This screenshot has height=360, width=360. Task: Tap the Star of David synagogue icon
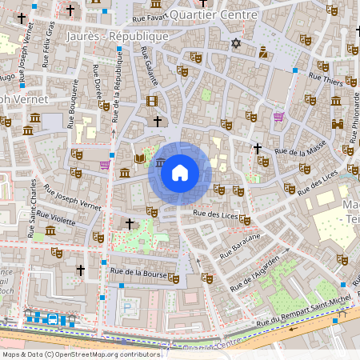click(x=235, y=43)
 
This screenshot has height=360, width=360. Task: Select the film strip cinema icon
click(x=152, y=101)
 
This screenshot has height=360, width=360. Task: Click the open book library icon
click(x=141, y=160)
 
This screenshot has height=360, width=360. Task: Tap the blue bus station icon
click(x=53, y=319)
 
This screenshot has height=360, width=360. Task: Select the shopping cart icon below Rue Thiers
click(x=278, y=117)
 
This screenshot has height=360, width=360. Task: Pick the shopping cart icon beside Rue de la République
click(x=105, y=165)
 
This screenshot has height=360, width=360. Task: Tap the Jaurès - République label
click(x=118, y=37)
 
